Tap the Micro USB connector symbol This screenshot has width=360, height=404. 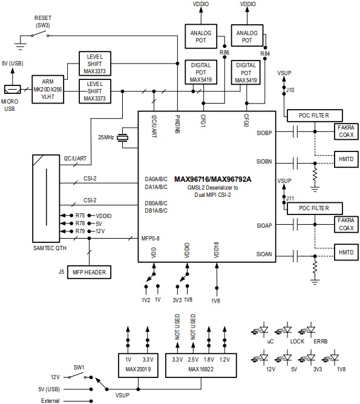[10, 88]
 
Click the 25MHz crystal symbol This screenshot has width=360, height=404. [123, 137]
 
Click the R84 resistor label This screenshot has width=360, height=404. [265, 53]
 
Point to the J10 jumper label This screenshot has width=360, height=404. [290, 90]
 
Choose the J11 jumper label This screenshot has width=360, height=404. [290, 198]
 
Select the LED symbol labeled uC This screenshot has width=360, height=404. [261, 331]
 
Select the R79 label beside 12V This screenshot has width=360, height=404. [80, 231]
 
